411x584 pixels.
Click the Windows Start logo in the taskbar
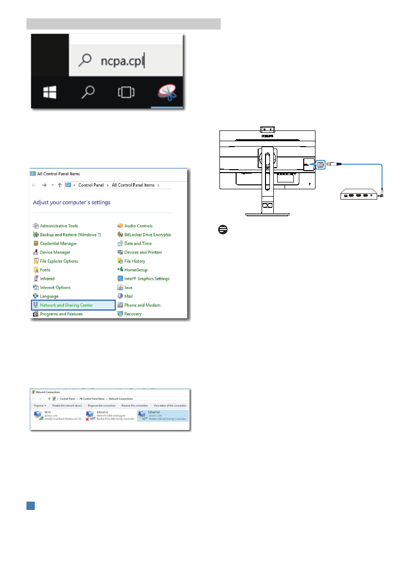pyautogui.click(x=49, y=92)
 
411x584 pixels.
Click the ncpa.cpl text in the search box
pyautogui.click(x=122, y=61)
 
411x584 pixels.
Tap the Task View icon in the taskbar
pyautogui.click(x=126, y=92)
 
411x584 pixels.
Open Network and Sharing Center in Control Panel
pyautogui.click(x=66, y=305)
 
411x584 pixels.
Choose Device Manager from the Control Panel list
pyautogui.click(x=55, y=252)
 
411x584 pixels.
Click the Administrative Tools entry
pyautogui.click(x=59, y=226)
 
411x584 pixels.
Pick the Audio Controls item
pyautogui.click(x=138, y=226)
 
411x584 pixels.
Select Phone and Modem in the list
pyautogui.click(x=142, y=305)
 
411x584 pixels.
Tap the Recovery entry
pyautogui.click(x=133, y=314)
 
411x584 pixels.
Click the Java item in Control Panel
pyautogui.click(x=128, y=287)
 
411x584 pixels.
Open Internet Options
pyautogui.click(x=55, y=287)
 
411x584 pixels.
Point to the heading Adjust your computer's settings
pyautogui.click(x=72, y=202)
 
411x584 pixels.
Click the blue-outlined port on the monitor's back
pyautogui.click(x=320, y=165)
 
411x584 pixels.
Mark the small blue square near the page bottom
pyautogui.click(x=30, y=505)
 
